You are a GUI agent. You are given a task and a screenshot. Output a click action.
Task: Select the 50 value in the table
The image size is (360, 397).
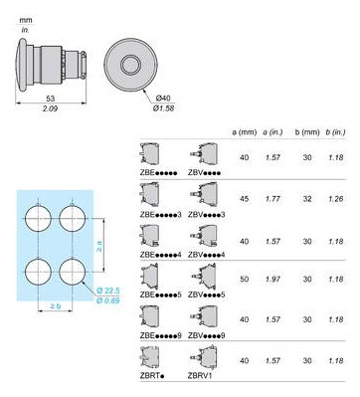click(x=245, y=281)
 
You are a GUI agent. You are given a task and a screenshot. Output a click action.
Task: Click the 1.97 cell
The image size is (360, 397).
click(x=273, y=281)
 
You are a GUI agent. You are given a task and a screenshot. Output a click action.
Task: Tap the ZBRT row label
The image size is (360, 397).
click(x=153, y=380)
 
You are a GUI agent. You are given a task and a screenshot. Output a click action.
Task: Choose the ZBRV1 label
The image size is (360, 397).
click(x=212, y=380)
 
